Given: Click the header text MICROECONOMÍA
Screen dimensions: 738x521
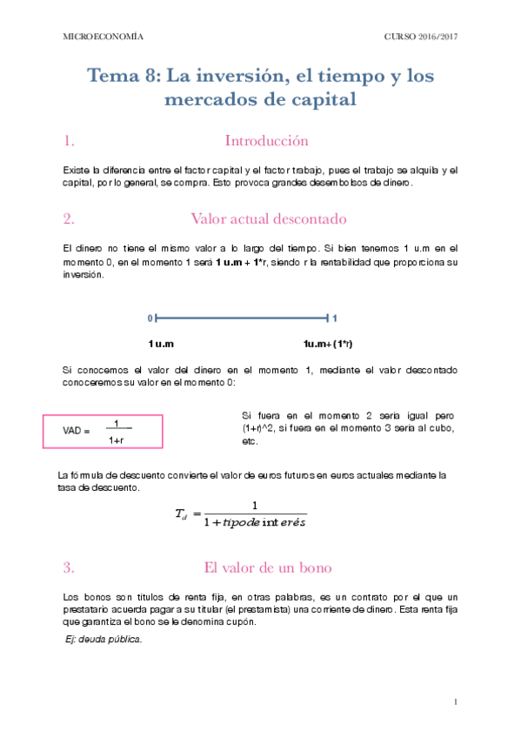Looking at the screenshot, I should coord(104,37).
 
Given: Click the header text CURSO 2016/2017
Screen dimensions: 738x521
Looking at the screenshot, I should coord(421,37).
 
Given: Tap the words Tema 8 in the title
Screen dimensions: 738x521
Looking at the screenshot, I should coord(123,77).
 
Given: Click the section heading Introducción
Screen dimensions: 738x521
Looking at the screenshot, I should coord(266,141).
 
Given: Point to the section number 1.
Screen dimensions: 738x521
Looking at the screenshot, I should coord(69,141).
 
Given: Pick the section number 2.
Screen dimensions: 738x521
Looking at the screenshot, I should coord(69,218).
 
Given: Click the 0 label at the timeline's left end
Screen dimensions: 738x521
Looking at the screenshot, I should coord(150,319).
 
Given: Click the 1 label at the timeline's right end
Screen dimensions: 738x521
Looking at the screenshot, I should coord(335,319).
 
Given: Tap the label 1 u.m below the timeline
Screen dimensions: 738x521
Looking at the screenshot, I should coord(161,344).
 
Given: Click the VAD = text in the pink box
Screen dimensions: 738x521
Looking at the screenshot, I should coord(77,431).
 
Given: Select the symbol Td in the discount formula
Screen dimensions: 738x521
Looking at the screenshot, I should coord(181,515).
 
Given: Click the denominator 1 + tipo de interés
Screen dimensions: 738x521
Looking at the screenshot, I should coord(254,523).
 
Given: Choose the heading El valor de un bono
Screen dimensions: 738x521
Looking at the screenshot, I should coord(267,567).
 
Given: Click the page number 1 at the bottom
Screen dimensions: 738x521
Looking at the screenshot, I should coord(456,701).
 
